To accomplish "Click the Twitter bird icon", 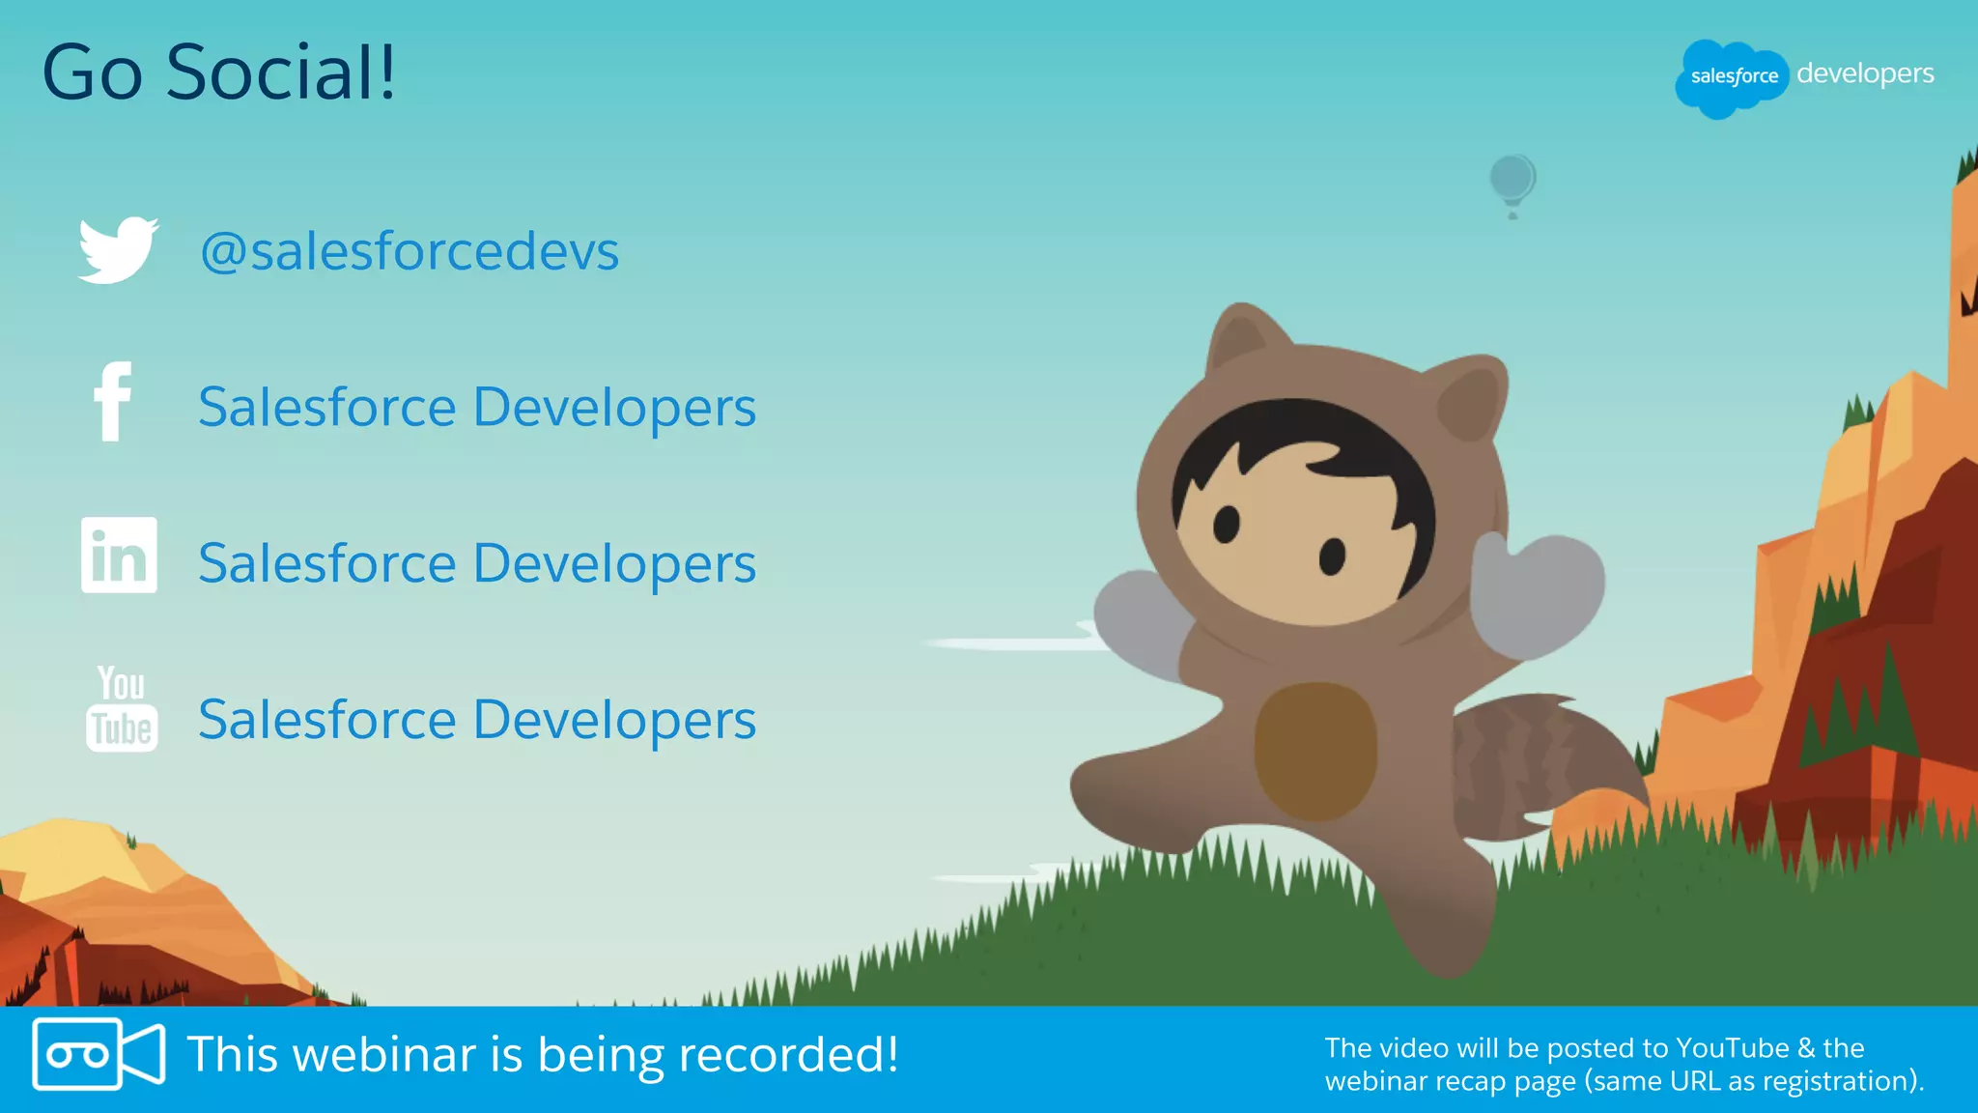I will point(117,249).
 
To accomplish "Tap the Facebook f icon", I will point(113,403).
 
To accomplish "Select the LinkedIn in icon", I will point(119,556).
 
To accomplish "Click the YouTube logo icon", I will point(121,709).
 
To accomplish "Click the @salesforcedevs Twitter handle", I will point(409,251).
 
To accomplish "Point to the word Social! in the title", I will point(280,72).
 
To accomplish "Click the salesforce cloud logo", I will point(1733,77).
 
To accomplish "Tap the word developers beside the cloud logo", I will point(1865,73).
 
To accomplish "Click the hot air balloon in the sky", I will point(1512,181).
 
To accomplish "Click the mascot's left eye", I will point(1227,524).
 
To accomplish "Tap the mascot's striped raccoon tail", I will point(1526,763).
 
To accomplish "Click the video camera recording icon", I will point(98,1054).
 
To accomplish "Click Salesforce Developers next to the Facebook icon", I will point(477,407).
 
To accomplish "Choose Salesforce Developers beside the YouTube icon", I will point(477,720).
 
